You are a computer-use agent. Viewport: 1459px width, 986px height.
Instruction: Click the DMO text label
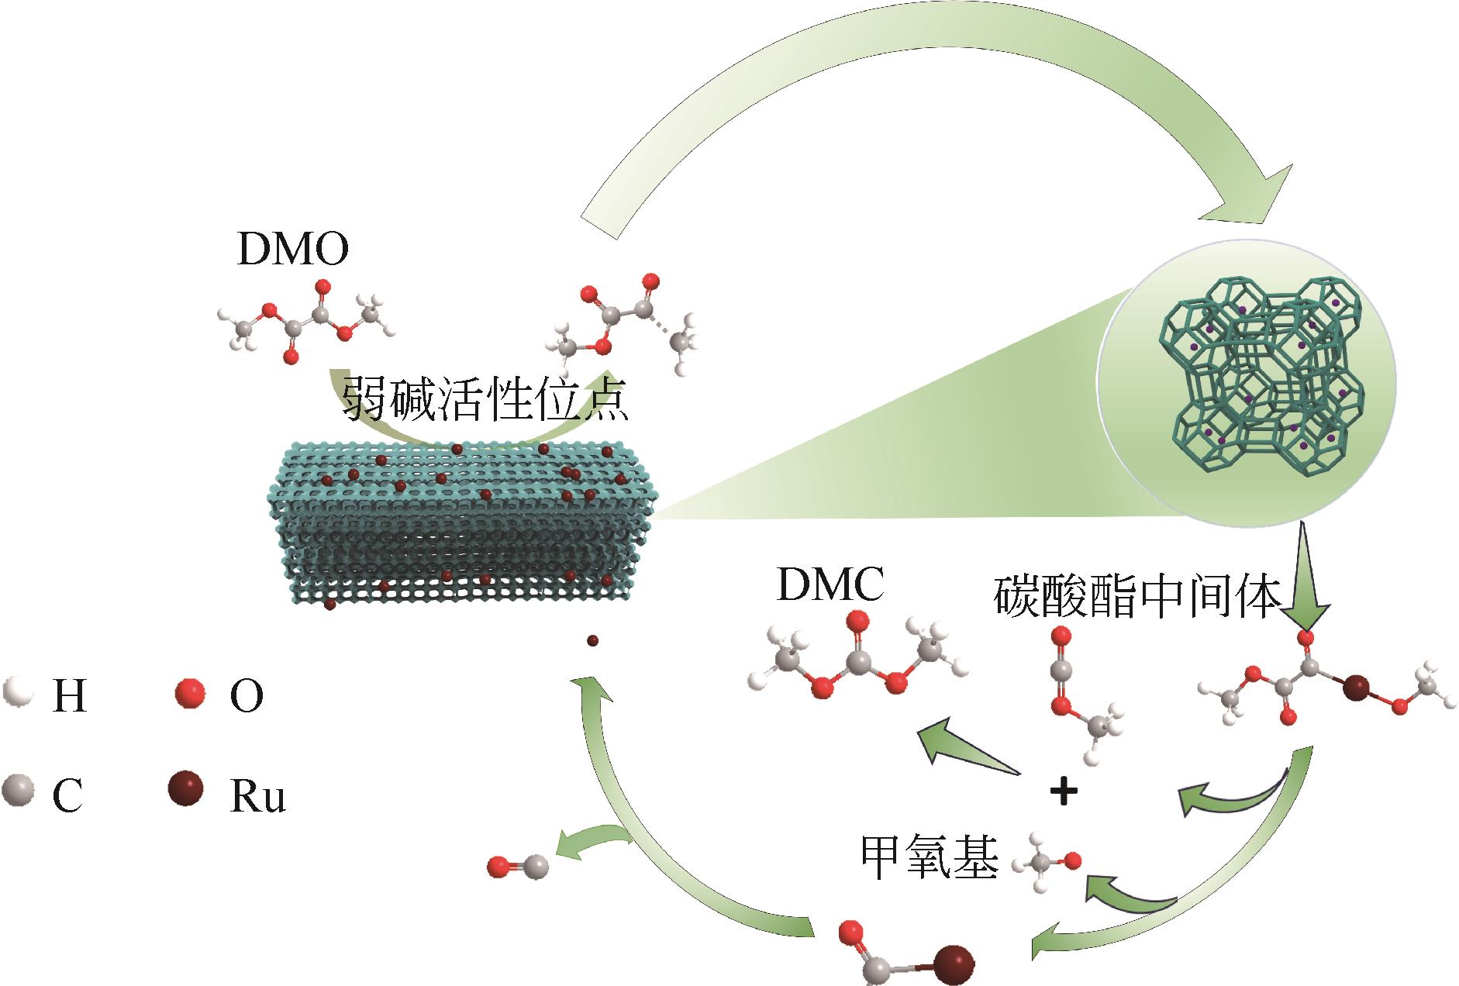click(292, 250)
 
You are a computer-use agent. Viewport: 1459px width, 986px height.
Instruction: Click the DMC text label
click(830, 587)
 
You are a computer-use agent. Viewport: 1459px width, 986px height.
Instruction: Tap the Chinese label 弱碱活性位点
click(485, 399)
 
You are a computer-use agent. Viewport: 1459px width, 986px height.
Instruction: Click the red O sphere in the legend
click(190, 692)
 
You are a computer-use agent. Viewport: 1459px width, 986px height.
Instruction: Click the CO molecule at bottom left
click(518, 867)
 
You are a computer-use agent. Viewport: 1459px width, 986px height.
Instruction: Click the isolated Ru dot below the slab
click(593, 640)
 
